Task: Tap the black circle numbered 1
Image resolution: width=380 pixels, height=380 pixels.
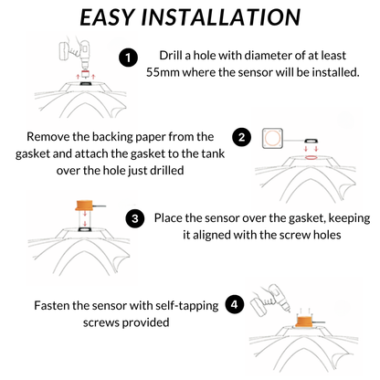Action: point(129,56)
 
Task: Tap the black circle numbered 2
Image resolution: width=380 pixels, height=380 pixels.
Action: point(241,138)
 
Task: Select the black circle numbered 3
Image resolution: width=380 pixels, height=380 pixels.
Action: point(134,218)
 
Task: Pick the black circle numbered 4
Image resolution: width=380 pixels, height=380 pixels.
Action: point(234,305)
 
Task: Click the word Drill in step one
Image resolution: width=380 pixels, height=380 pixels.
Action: point(176,56)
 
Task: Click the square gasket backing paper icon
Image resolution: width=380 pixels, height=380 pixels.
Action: point(271,137)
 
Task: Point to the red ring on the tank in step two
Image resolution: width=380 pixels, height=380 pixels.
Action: point(312,155)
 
